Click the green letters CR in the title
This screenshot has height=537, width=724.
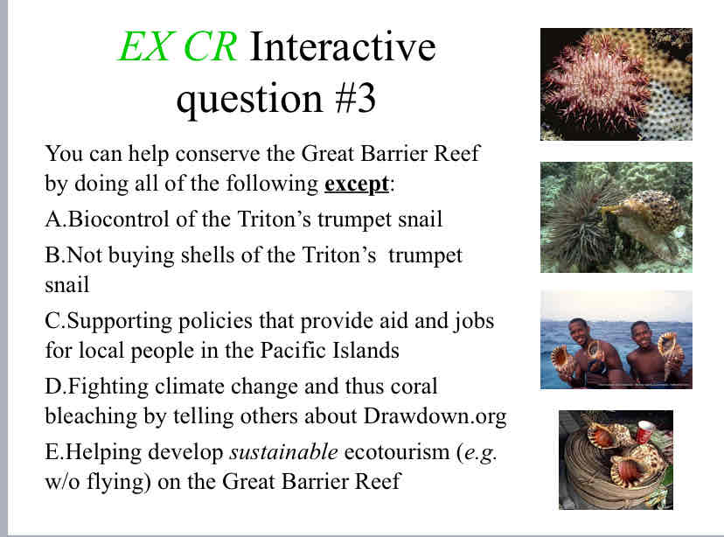(211, 46)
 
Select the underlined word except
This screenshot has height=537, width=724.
(357, 185)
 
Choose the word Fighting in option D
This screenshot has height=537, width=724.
(108, 387)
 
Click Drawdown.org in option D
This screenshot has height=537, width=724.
(435, 415)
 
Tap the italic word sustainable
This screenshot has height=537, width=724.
(283, 451)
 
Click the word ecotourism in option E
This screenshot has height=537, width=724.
(397, 451)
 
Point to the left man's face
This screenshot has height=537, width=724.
(578, 332)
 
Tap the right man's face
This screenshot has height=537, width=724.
(640, 335)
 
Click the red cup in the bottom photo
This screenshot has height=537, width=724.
(645, 430)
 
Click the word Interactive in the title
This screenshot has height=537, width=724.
(343, 46)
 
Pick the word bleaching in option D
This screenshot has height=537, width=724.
(91, 416)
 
